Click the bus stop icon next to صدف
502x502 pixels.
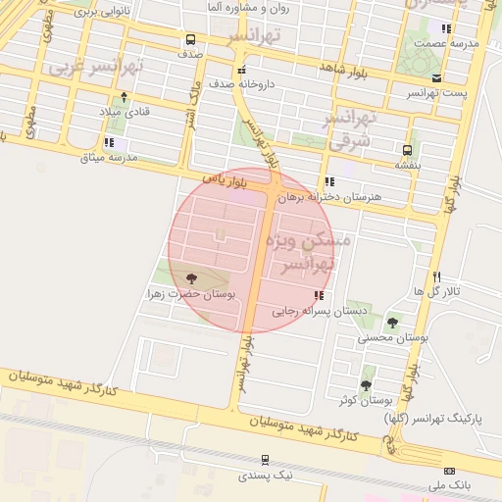tap(190, 40)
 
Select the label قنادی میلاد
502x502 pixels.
tap(125, 113)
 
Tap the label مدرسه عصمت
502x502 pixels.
tap(445, 43)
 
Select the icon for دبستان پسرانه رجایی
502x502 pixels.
tap(317, 295)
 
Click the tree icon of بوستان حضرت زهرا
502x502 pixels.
tap(190, 278)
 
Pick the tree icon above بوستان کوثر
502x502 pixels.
tap(367, 384)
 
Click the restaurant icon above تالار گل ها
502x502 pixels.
tap(437, 276)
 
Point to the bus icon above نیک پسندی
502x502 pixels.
tap(265, 460)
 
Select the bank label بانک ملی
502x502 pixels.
tap(454, 485)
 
